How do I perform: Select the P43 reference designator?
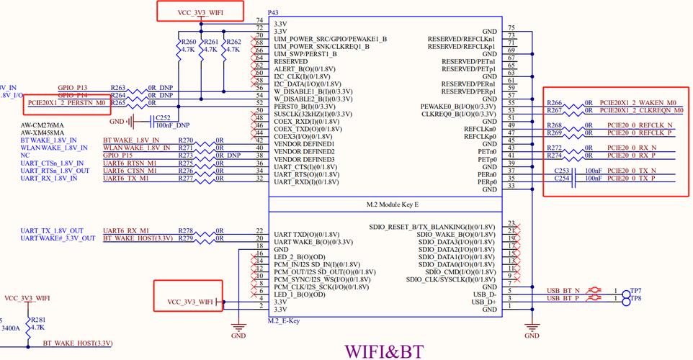click(273, 13)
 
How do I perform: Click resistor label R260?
click(188, 42)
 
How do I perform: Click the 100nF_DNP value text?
click(172, 125)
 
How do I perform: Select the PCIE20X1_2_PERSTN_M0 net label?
click(67, 103)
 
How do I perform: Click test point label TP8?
click(636, 298)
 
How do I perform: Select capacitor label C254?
click(562, 178)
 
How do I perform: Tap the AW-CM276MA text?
click(43, 125)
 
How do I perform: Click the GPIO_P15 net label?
click(118, 155)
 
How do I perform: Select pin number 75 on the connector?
click(510, 27)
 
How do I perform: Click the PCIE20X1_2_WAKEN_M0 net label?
click(638, 103)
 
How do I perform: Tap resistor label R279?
click(186, 238)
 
